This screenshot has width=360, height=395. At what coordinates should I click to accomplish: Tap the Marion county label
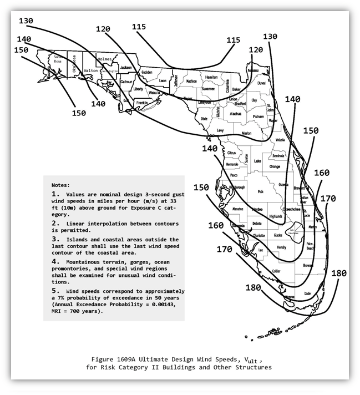pos(247,133)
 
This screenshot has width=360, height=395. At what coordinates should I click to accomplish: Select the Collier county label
pos(276,270)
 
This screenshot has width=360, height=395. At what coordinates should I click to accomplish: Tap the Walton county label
pos(90,70)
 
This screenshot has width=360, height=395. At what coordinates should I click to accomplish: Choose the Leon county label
pos(162,81)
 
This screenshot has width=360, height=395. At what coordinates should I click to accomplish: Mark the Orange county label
pos(275,166)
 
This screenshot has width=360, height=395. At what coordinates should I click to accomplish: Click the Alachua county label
pos(236,113)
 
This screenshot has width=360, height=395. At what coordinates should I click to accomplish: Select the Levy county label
pos(220,130)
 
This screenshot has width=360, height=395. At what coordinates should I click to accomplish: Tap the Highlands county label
pos(276,216)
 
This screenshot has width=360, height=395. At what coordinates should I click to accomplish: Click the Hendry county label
pos(281,247)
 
